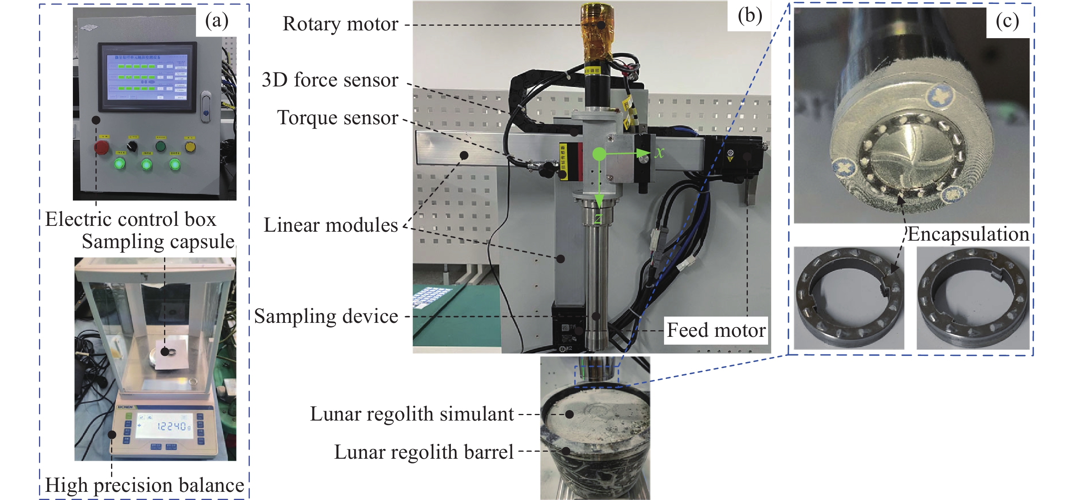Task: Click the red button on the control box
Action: tap(102, 147)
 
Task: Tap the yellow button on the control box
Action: tap(190, 147)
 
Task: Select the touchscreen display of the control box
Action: tap(147, 77)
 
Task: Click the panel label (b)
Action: tap(750, 16)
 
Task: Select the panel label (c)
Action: tap(1007, 21)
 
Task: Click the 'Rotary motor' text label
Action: tap(340, 24)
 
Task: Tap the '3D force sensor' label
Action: tap(330, 80)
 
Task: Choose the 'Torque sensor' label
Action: tap(337, 118)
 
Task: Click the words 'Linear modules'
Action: tap(330, 225)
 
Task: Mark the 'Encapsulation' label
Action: tap(968, 234)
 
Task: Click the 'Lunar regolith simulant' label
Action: tap(412, 414)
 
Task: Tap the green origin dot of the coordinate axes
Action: tap(599, 155)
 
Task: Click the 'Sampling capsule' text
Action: tap(158, 242)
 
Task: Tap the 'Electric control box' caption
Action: tap(131, 220)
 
